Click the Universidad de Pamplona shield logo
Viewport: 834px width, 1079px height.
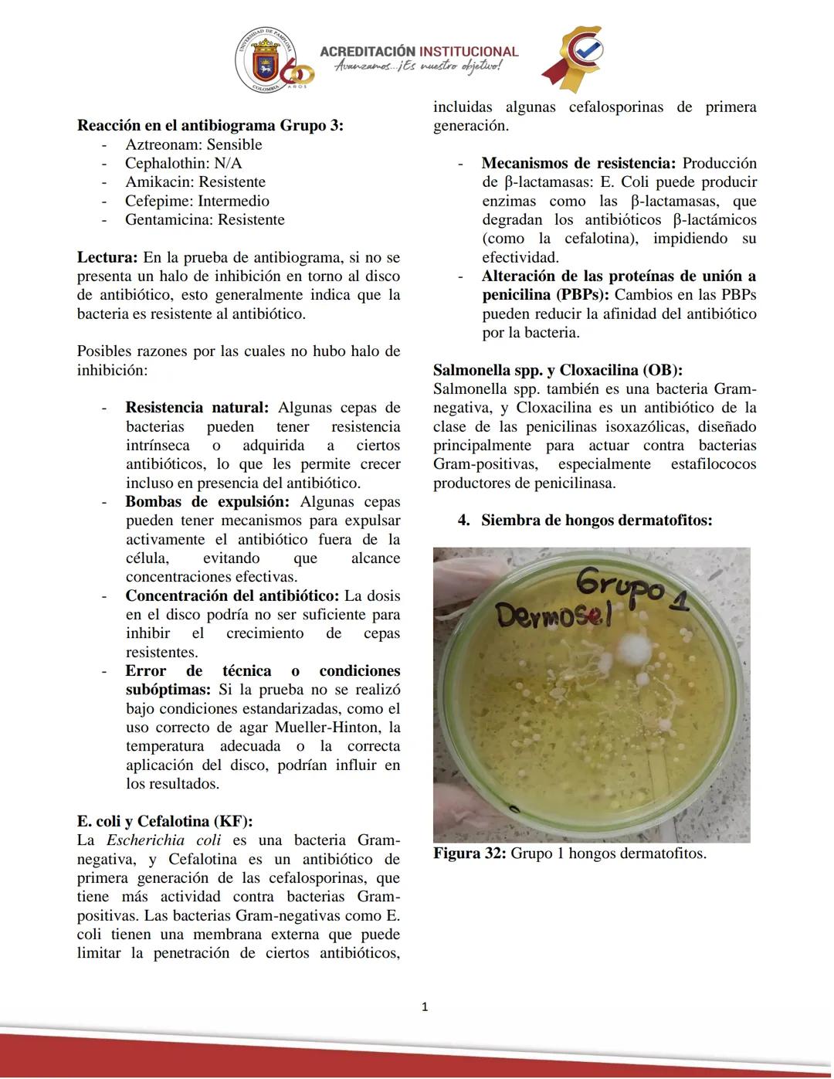(265, 61)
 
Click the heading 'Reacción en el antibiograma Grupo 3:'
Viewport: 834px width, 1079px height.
(210, 126)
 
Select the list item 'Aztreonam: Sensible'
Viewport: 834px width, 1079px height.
(193, 144)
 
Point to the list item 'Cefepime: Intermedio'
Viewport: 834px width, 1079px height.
(197, 201)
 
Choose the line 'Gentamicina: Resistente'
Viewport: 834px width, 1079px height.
(205, 219)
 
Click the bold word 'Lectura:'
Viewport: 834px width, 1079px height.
(107, 257)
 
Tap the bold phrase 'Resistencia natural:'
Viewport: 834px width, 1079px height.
(197, 408)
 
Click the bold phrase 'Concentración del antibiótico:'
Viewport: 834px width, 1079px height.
(232, 595)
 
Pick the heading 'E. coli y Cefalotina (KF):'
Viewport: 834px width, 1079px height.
(164, 821)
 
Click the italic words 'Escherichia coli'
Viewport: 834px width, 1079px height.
(164, 840)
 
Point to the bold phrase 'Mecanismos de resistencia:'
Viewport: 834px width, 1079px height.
(578, 163)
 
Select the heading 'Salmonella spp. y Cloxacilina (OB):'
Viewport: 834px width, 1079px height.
(558, 370)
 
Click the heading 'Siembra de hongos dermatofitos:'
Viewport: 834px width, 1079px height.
(596, 521)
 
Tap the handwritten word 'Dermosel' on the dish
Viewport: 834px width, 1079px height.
(552, 616)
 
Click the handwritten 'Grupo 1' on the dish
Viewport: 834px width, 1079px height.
(629, 591)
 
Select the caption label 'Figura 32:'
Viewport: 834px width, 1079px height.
(470, 853)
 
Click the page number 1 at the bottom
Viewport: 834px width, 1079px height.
(425, 1006)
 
